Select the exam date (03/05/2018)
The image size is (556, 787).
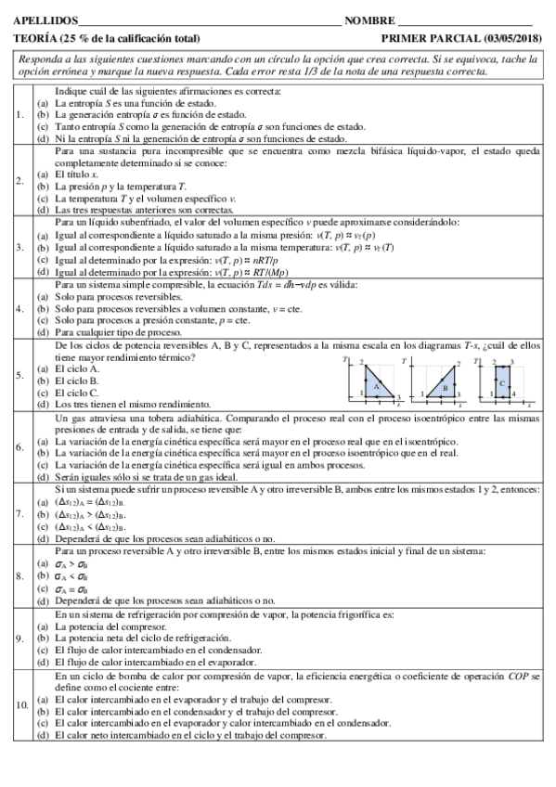(512, 38)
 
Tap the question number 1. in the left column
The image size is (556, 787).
(20, 115)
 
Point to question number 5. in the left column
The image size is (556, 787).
(20, 375)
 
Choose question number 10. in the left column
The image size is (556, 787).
(22, 705)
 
